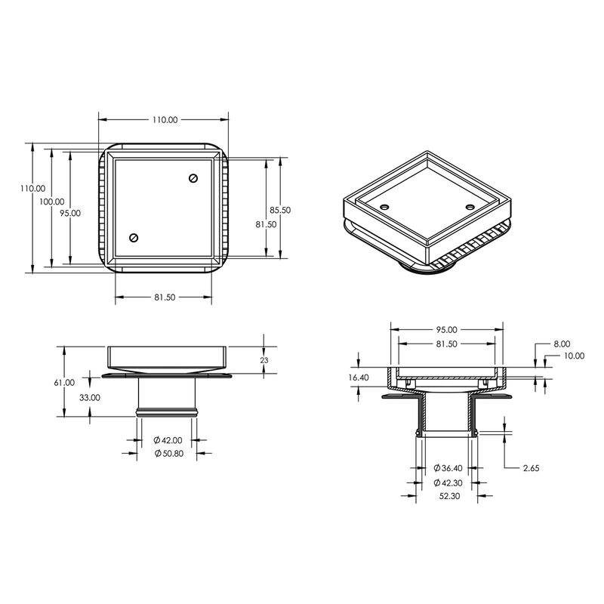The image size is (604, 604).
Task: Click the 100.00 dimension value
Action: [52, 202]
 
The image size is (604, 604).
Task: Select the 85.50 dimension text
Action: [280, 210]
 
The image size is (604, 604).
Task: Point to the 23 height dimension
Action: [263, 360]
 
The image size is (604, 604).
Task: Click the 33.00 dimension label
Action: [90, 397]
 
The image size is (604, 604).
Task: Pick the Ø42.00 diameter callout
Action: [165, 439]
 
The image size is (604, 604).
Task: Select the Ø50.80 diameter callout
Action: [165, 452]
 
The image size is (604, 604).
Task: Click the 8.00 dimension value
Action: [562, 344]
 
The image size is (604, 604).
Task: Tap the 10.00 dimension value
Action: [573, 356]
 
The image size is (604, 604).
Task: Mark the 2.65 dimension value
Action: [532, 467]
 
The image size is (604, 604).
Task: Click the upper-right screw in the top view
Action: [193, 178]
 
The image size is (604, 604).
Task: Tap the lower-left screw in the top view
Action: [134, 238]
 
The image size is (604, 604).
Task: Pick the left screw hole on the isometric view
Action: [384, 206]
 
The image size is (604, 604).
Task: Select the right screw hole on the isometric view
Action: [470, 206]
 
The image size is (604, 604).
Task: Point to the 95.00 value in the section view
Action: [446, 330]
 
